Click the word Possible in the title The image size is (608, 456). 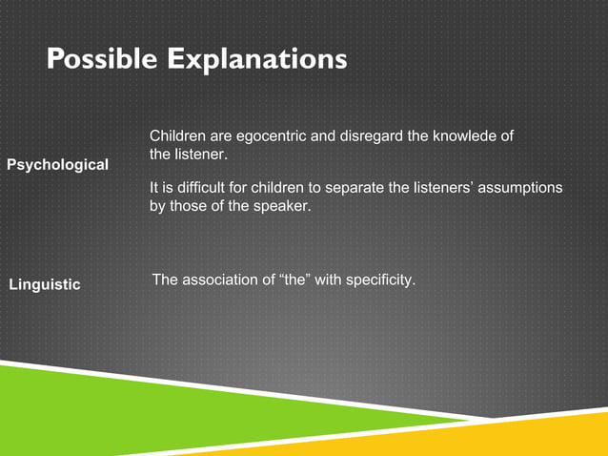pos(104,60)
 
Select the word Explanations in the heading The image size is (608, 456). pos(258,60)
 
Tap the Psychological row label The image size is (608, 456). pos(57,165)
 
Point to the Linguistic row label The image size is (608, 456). pos(45,285)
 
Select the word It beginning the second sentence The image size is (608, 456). pos(154,187)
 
